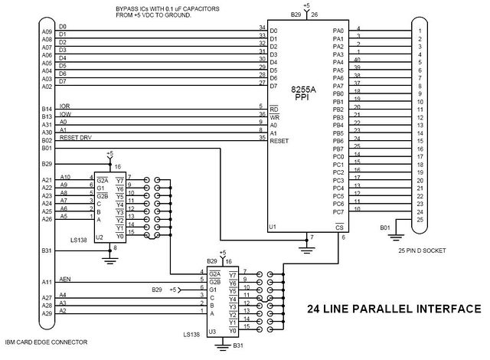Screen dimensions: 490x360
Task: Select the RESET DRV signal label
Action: tap(76, 138)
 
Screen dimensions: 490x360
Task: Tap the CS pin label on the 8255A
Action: tap(339, 227)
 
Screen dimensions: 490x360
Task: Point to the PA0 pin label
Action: tap(338, 31)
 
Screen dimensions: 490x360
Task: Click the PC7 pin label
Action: tap(338, 212)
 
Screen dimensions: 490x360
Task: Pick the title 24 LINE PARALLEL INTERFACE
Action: tap(394, 309)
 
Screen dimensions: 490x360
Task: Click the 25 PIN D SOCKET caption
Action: tap(422, 250)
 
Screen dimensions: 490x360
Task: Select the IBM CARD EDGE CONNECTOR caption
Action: tap(46, 342)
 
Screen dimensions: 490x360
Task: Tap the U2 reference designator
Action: tap(99, 237)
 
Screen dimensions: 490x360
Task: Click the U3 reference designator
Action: tap(212, 331)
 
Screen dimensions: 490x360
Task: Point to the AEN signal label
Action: tap(65, 279)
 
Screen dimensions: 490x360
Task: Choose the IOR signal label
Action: tap(64, 106)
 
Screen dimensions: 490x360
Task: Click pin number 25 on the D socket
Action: tap(420, 220)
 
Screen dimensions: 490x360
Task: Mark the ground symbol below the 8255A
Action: tap(307, 250)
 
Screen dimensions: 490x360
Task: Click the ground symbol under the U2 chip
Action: tap(109, 260)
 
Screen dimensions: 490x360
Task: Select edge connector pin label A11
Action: tap(47, 282)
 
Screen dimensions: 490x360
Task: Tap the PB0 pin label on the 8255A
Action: tap(338, 93)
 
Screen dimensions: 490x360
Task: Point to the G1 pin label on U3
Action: tap(213, 290)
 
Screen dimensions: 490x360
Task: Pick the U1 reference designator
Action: tap(273, 227)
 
